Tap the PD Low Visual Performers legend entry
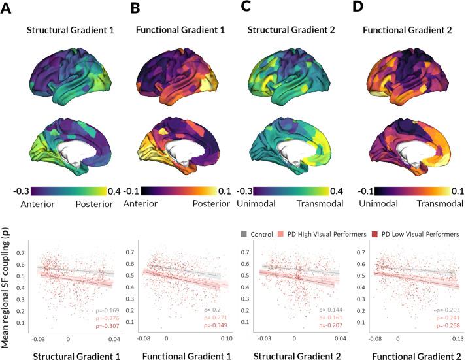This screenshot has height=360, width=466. click(x=415, y=233)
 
